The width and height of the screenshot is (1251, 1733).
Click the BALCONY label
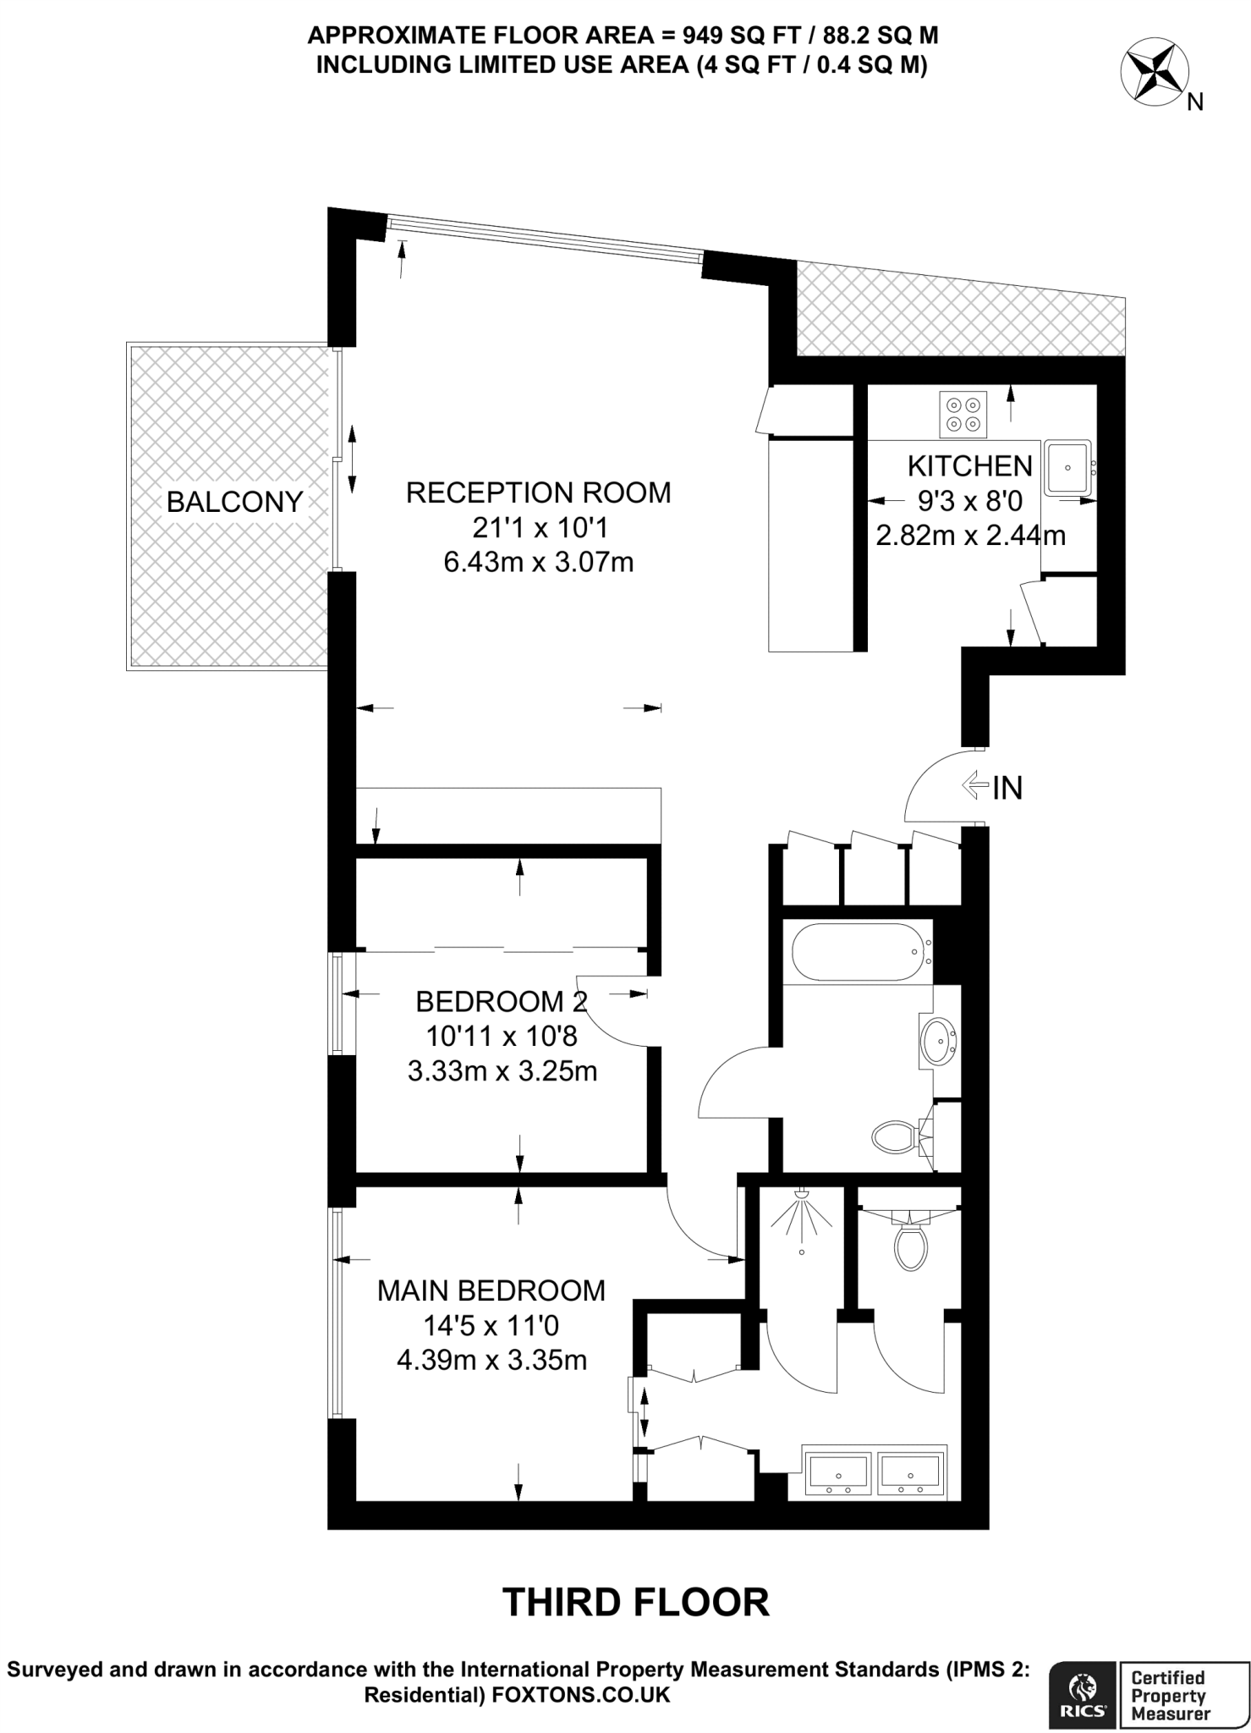point(234,502)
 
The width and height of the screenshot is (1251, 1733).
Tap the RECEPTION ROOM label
point(538,492)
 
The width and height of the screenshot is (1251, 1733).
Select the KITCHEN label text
point(970,465)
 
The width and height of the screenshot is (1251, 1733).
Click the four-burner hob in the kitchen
point(963,415)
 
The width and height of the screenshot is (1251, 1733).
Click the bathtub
point(855,952)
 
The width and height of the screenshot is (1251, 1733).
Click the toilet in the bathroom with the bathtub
point(897,1136)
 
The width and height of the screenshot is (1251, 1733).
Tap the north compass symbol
point(1152,75)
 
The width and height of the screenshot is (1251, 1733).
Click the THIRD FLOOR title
point(636,1602)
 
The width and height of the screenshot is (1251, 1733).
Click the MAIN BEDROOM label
point(491,1290)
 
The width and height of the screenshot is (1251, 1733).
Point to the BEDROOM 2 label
point(501,1002)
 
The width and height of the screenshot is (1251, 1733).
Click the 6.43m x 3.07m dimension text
point(538,562)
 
